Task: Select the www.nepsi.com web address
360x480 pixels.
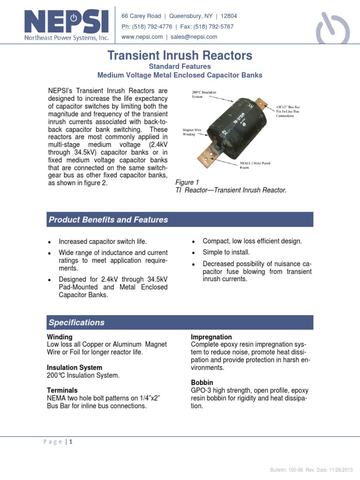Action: tap(142, 37)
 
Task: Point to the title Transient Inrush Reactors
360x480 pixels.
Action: tap(180, 56)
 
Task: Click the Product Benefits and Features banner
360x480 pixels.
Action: tap(180, 220)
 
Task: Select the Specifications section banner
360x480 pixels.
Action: tap(180, 322)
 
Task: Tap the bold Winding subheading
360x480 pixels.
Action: tap(60, 337)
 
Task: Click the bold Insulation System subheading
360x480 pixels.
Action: tap(75, 367)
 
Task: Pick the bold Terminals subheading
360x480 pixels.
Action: tap(62, 390)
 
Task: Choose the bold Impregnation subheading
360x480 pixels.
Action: tap(211, 337)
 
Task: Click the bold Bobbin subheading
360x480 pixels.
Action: tap(202, 382)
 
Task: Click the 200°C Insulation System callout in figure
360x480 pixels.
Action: tap(203, 95)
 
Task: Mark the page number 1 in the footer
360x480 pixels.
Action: tap(71, 442)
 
